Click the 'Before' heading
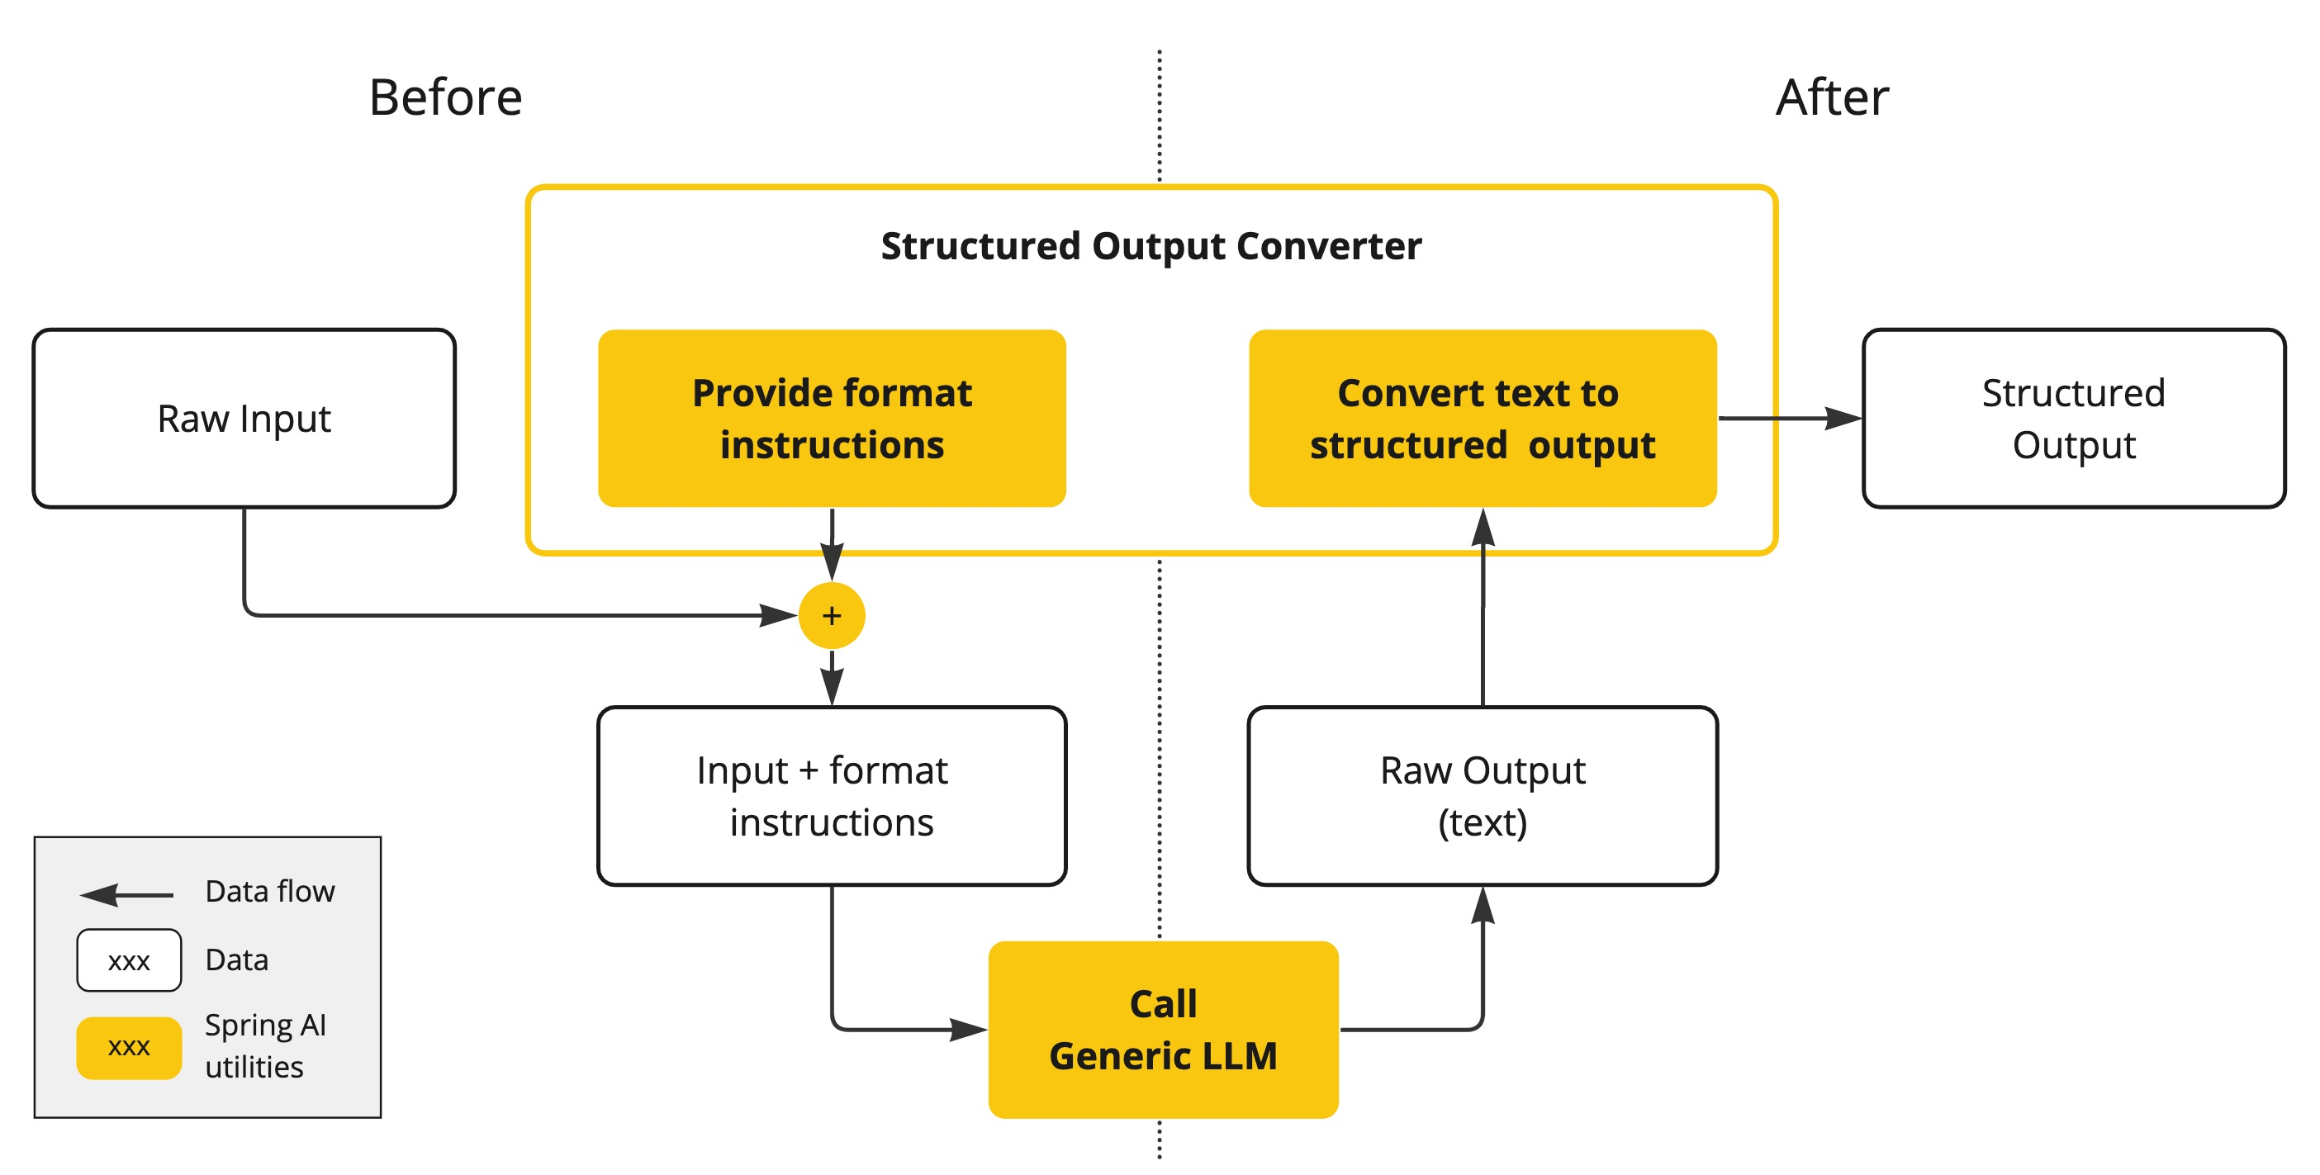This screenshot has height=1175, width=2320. [x=445, y=97]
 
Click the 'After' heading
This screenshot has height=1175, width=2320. [x=1831, y=97]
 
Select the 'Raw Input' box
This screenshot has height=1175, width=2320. [x=244, y=419]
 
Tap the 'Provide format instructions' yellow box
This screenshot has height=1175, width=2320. [x=831, y=419]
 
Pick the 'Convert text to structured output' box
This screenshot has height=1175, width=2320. [x=1482, y=419]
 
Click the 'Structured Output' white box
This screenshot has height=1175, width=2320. [x=2073, y=419]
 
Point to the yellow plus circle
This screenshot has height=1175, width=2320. [x=831, y=616]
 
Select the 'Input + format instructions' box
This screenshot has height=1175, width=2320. [x=831, y=796]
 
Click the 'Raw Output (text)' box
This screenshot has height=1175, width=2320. [x=1482, y=796]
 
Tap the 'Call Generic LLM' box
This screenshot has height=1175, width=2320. [x=1163, y=1029]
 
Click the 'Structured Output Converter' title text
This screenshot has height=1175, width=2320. [x=1151, y=246]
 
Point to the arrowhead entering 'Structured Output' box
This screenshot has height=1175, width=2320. [x=1843, y=419]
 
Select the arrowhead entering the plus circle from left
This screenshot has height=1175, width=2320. [x=778, y=616]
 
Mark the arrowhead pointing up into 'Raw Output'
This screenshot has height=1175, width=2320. [x=1483, y=906]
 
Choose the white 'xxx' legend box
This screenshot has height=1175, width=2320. [x=129, y=960]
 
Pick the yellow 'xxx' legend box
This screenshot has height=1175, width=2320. [x=129, y=1047]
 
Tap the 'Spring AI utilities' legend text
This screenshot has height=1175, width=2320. [x=265, y=1045]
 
